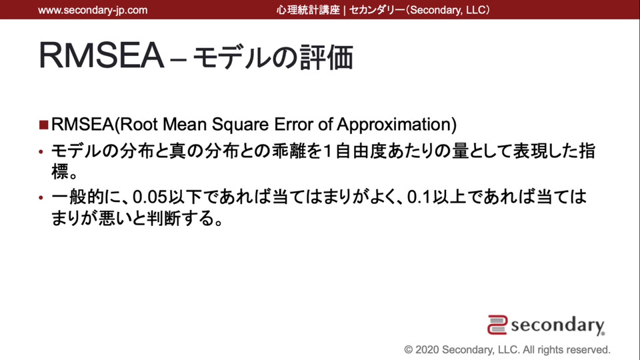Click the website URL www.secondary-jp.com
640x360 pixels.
(x=93, y=10)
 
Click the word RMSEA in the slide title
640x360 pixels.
(x=101, y=55)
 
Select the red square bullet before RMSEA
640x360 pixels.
(x=44, y=125)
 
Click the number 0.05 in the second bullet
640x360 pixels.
(x=150, y=197)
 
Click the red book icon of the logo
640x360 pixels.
(x=497, y=325)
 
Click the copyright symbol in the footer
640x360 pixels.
(x=408, y=350)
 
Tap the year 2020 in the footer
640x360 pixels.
(x=427, y=350)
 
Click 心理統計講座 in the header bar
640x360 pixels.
(x=308, y=10)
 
